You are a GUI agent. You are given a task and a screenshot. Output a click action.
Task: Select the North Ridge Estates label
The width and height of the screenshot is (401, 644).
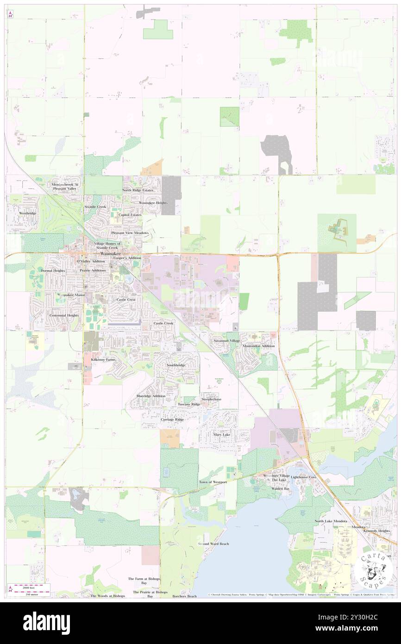tap(138, 190)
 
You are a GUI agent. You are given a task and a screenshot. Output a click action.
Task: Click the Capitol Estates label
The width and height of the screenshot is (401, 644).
tap(130, 215)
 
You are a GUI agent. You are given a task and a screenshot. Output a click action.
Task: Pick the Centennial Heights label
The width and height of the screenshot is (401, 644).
tap(64, 315)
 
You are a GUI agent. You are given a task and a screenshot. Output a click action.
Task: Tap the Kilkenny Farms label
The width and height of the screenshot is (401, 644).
tap(103, 360)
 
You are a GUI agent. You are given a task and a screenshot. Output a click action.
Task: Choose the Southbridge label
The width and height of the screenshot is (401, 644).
tap(176, 366)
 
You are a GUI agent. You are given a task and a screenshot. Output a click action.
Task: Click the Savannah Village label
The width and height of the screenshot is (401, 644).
tap(227, 341)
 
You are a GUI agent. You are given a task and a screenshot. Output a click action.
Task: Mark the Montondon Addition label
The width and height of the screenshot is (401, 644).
tap(258, 346)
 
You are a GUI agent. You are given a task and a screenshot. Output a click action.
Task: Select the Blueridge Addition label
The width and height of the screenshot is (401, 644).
tap(151, 396)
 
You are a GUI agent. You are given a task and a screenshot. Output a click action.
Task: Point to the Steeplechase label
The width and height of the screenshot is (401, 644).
tap(211, 399)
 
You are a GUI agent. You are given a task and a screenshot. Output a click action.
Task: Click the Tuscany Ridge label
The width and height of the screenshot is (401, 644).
tap(189, 404)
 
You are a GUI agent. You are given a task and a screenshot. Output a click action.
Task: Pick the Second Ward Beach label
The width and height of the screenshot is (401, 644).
tap(213, 543)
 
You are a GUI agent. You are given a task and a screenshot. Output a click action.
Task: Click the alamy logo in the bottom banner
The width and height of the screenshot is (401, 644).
tap(46, 623)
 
